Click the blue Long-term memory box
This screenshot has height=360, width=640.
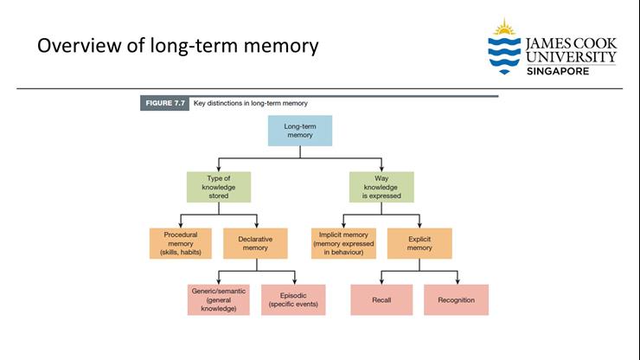click(x=299, y=130)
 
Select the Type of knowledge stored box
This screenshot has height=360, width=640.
click(x=218, y=187)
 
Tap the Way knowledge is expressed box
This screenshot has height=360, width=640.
click(x=381, y=187)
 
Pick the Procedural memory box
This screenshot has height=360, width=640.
click(x=181, y=243)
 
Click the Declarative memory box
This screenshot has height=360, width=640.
click(x=255, y=243)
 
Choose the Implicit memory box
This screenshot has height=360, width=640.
click(x=343, y=243)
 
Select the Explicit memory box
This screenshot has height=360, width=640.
click(x=419, y=243)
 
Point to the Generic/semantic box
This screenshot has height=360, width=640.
click(x=219, y=299)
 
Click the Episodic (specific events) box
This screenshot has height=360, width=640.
click(x=293, y=299)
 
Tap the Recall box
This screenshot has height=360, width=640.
click(x=381, y=299)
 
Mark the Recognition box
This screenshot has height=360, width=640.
click(x=456, y=299)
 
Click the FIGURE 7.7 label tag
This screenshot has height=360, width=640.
click(x=164, y=103)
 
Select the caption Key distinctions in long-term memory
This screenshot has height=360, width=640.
click(x=251, y=103)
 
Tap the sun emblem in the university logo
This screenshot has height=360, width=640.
click(x=504, y=28)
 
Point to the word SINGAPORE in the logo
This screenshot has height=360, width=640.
click(x=558, y=70)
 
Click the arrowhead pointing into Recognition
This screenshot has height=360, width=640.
click(x=457, y=281)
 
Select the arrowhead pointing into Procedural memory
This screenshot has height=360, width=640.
click(x=181, y=225)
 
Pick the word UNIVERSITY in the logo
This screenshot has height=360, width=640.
click(x=571, y=57)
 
